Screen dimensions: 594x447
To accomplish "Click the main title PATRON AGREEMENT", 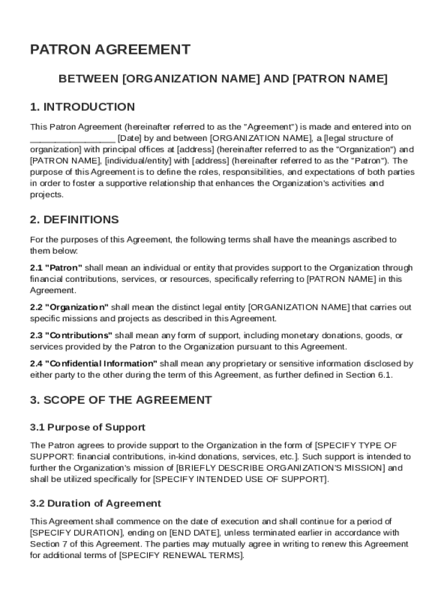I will (x=110, y=50).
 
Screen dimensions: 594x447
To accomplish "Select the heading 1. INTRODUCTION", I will (x=82, y=107).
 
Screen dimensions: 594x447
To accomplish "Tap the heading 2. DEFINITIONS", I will (x=74, y=220).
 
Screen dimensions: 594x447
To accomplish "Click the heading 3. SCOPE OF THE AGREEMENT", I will (x=121, y=400).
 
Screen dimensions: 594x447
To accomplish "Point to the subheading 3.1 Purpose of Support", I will (x=88, y=428).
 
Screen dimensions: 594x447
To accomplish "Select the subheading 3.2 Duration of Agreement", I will (x=96, y=504).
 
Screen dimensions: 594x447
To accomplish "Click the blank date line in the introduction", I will (x=72, y=138).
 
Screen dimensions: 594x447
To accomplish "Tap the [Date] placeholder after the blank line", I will (x=129, y=138).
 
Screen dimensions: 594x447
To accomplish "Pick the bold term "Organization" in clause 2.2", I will (x=77, y=307).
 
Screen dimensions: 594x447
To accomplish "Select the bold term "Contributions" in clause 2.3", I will (x=79, y=336).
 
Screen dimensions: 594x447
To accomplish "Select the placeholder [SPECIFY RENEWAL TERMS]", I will (x=181, y=555).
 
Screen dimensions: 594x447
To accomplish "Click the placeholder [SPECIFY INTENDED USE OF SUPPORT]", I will (x=240, y=479).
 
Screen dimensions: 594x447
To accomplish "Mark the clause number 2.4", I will (x=37, y=364).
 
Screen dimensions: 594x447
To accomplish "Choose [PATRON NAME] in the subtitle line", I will (x=340, y=79).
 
